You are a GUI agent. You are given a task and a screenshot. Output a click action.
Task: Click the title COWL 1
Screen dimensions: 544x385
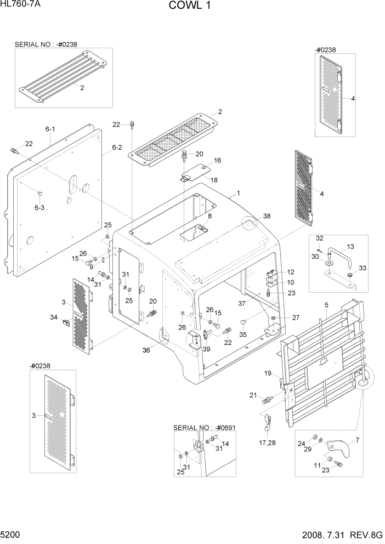click(191, 6)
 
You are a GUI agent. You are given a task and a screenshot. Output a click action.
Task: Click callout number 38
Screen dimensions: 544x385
click(267, 217)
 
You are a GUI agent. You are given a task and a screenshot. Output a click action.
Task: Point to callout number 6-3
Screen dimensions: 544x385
click(39, 208)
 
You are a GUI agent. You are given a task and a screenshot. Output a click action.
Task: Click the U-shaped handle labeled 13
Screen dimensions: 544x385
click(339, 254)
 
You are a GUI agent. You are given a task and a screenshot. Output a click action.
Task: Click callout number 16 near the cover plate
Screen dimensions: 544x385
click(217, 161)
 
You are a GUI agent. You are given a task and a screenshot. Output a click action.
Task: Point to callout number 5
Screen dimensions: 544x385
click(326, 305)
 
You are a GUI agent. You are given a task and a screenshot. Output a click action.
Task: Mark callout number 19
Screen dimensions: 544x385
click(268, 373)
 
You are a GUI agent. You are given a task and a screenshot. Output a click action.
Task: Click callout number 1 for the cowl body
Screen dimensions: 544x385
click(239, 194)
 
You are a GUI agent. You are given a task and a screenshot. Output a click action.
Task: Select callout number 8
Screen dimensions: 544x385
click(209, 216)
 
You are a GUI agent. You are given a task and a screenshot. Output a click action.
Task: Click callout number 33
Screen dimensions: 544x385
click(362, 267)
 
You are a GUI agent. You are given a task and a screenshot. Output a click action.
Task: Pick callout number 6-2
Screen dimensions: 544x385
click(117, 147)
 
